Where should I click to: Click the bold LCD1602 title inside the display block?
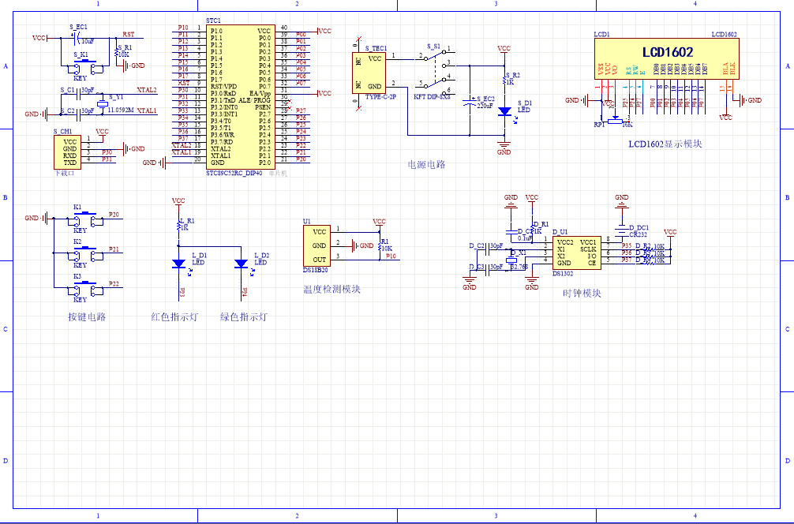coord(667,52)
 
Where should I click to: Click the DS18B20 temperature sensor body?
coord(319,245)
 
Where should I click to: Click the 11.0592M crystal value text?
coord(120,111)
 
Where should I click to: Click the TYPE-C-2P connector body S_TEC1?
coord(370,72)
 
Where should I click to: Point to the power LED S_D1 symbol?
coord(504,111)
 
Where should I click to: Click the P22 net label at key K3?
coord(114,284)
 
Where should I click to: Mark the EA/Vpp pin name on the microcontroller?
coord(260,93)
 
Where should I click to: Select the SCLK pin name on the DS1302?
coord(588,249)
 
